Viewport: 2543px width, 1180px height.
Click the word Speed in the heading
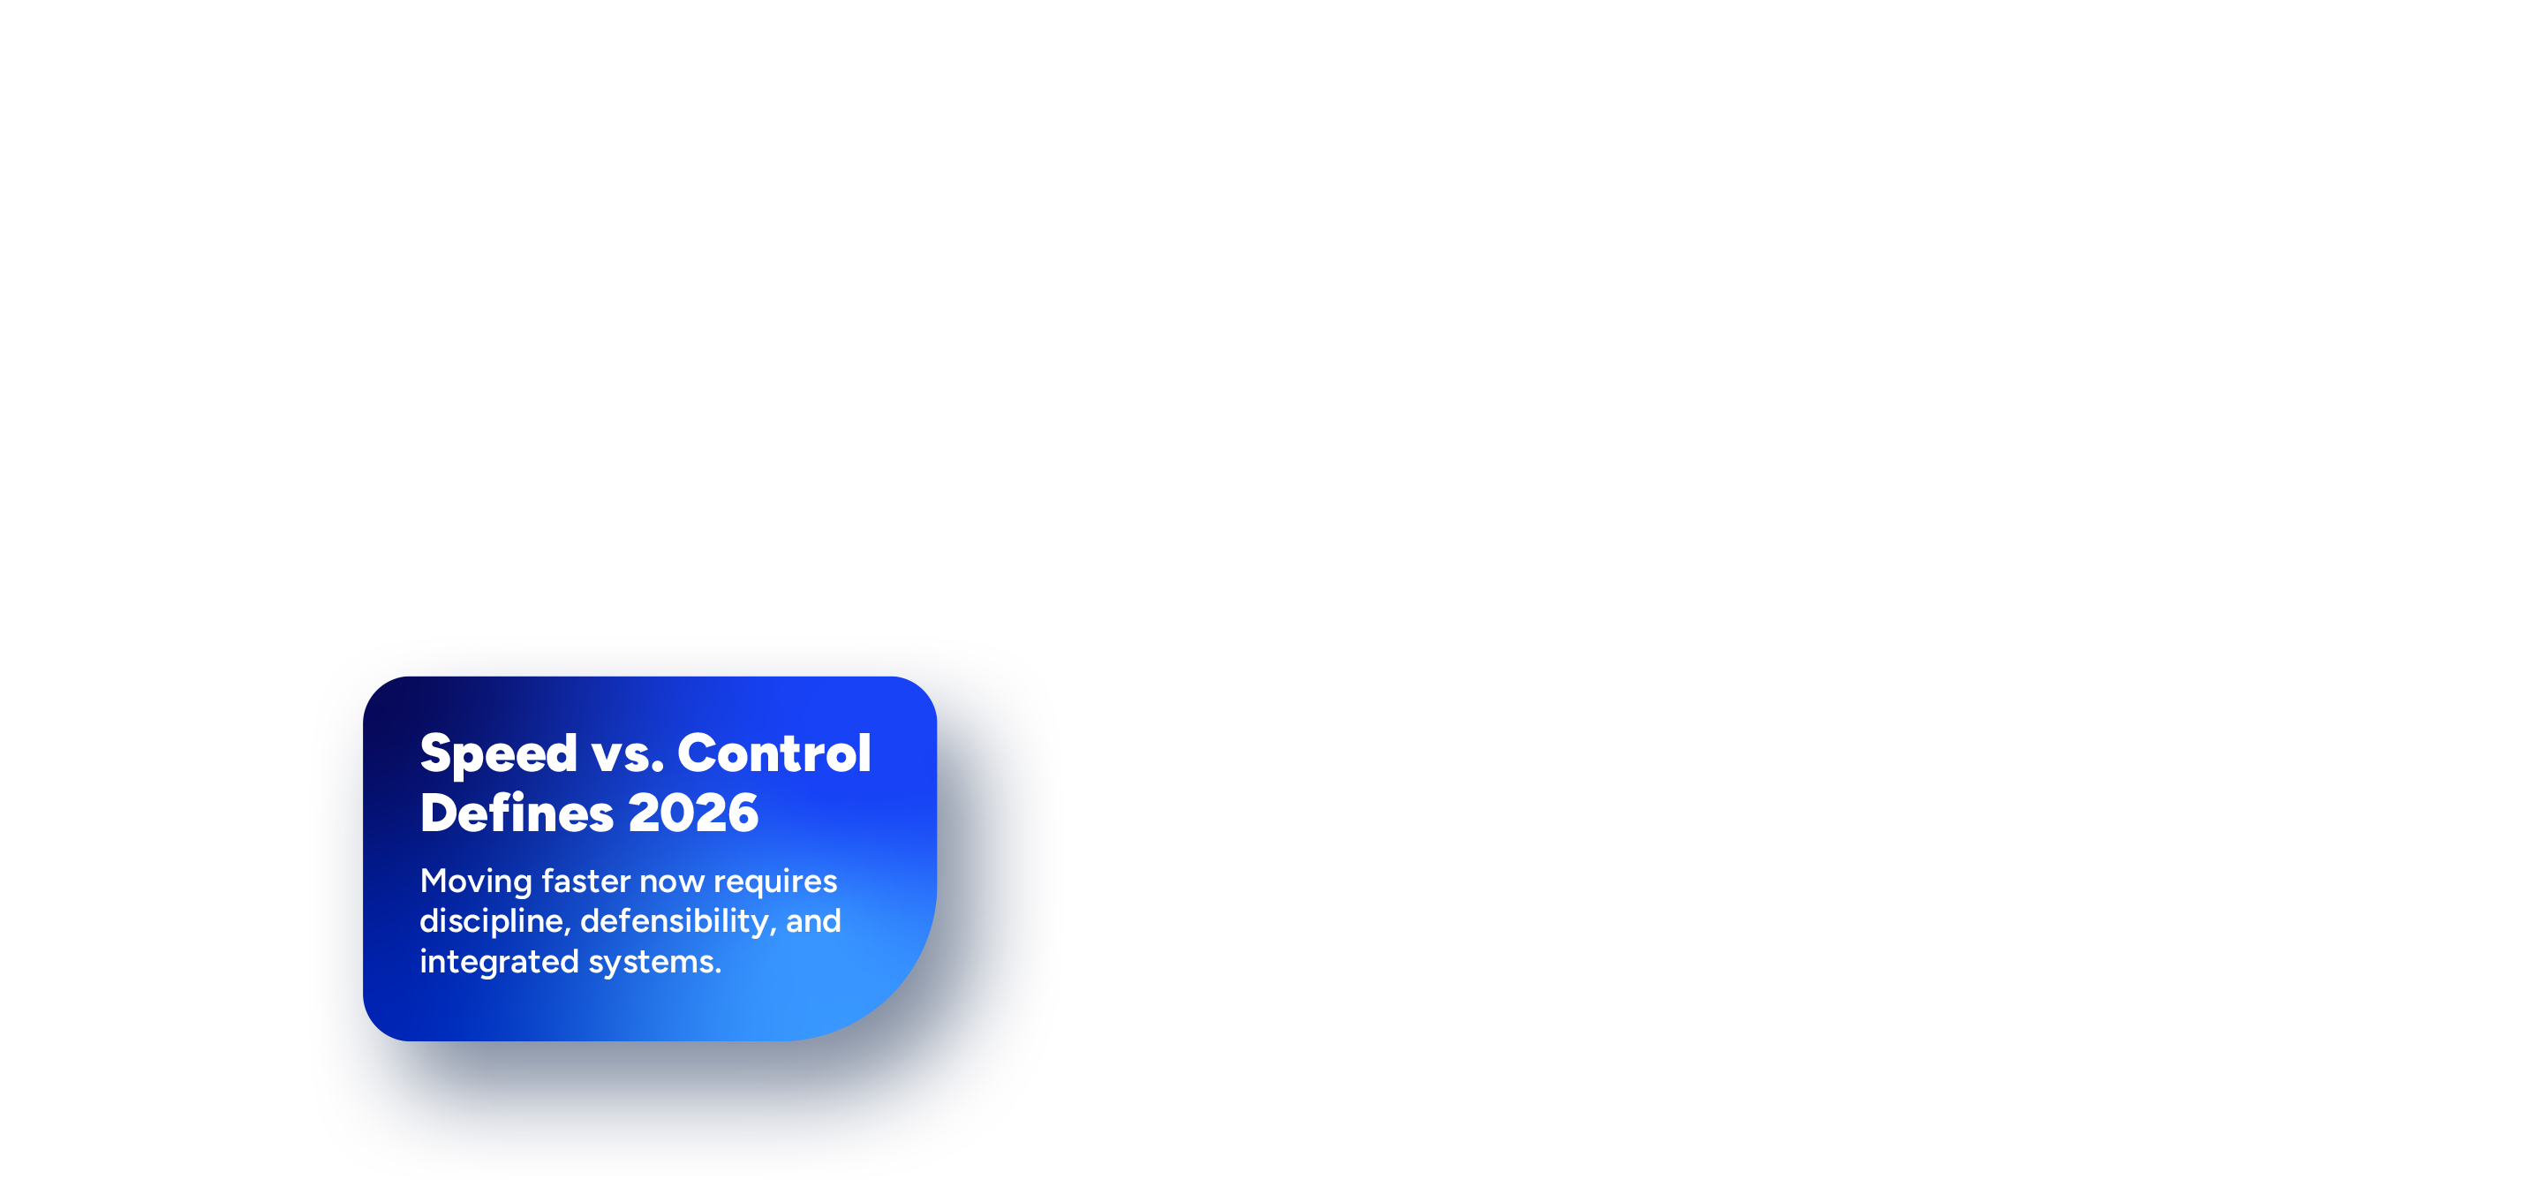click(499, 755)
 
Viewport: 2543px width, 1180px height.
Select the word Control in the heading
click(774, 753)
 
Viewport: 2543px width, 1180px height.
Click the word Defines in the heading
click(517, 813)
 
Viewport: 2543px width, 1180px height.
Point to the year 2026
click(693, 813)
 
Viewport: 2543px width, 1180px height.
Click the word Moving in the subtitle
click(476, 881)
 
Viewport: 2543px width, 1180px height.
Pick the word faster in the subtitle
click(585, 881)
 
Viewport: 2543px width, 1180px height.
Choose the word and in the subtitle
click(813, 921)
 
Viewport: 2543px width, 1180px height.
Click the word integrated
click(500, 963)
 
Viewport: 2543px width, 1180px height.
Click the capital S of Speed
click(436, 753)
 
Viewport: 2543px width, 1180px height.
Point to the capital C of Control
click(697, 753)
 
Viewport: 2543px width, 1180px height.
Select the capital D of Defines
click(441, 813)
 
